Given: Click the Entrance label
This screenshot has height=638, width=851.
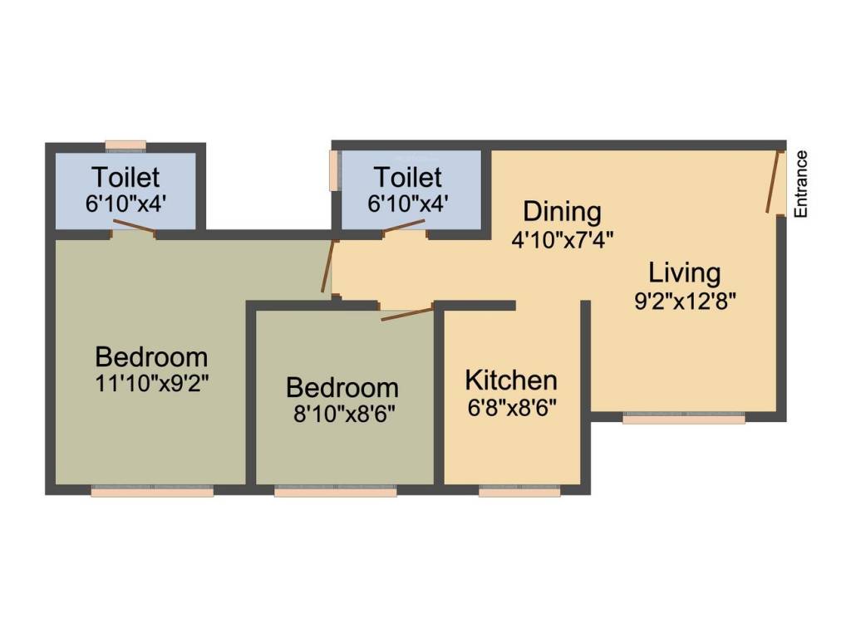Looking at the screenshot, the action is click(x=801, y=184).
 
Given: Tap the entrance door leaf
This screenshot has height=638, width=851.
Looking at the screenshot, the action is click(x=773, y=181).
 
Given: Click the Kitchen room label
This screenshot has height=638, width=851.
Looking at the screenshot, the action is click(x=511, y=380).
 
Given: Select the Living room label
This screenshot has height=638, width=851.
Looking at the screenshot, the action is click(x=685, y=272).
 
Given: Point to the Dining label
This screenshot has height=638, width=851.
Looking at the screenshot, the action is click(x=563, y=212).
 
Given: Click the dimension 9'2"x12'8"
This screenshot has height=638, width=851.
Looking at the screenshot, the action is click(x=685, y=301).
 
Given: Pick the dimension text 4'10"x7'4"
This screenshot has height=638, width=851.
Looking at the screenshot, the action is click(x=563, y=239).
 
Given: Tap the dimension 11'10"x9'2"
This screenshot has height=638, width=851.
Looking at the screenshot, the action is click(x=152, y=384).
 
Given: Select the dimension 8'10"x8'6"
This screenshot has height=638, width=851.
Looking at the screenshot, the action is click(x=344, y=414).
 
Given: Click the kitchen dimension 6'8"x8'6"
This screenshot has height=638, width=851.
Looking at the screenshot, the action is click(x=512, y=407).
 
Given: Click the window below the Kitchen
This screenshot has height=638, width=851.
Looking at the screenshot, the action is click(x=519, y=492).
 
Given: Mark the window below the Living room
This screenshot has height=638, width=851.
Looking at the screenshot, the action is click(x=684, y=418).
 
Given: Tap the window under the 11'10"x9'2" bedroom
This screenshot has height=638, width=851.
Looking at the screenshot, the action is click(x=152, y=492).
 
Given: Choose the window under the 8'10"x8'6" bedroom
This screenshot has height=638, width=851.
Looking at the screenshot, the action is click(x=336, y=492).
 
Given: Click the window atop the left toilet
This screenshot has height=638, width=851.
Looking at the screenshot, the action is click(x=125, y=145).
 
